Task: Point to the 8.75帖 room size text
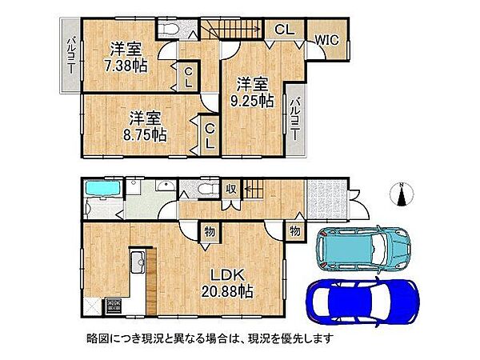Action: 145,135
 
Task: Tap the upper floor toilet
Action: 170,30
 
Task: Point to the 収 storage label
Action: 230,189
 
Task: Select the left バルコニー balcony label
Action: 70,56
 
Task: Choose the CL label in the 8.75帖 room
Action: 209,136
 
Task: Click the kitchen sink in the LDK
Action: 135,263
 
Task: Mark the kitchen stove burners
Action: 114,306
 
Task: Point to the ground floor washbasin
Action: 165,186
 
